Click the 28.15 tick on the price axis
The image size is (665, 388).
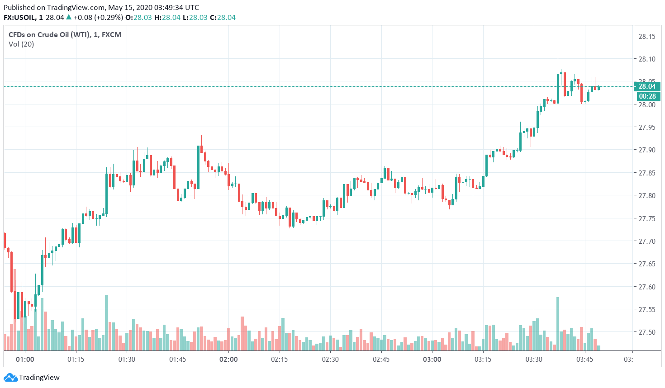[646, 37]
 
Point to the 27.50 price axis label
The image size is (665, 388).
[646, 332]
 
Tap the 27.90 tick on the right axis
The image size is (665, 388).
[646, 150]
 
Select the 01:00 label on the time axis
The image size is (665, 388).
[25, 360]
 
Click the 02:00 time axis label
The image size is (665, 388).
[228, 360]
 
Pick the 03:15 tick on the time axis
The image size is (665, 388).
[483, 360]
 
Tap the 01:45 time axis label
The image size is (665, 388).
[177, 360]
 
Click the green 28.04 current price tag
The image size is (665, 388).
[647, 86]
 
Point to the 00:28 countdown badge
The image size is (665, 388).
[647, 96]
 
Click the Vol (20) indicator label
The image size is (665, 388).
[21, 44]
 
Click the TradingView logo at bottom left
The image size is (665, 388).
[32, 378]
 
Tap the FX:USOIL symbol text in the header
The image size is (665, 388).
[20, 18]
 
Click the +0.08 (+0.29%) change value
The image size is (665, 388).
[98, 18]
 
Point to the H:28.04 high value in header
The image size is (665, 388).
[167, 18]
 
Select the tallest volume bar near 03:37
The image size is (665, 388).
[558, 323]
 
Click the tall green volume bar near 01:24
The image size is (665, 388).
[107, 322]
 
